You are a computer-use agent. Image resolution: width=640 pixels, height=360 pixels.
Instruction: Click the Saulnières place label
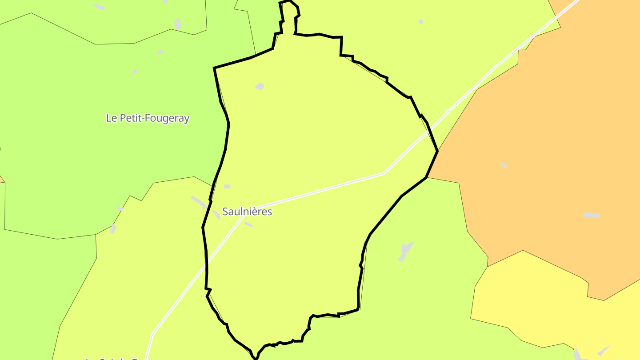click(x=247, y=212)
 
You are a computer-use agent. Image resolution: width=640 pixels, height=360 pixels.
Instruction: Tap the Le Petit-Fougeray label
click(x=148, y=118)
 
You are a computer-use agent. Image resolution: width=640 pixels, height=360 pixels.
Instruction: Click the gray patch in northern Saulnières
click(x=260, y=86)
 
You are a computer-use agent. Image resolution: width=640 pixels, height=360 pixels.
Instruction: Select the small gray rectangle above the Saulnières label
click(x=227, y=186)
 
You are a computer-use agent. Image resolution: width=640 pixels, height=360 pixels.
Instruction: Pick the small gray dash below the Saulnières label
click(x=248, y=224)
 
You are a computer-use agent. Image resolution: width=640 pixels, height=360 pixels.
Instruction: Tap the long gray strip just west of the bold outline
click(x=199, y=202)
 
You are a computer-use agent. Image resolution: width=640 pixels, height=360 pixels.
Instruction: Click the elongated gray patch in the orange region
click(x=591, y=215)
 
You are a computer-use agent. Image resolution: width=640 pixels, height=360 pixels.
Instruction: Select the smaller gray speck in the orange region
click(x=504, y=165)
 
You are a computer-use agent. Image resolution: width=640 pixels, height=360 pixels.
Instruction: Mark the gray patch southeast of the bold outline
click(x=405, y=251)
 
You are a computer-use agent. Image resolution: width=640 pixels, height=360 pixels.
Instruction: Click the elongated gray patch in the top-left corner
click(x=100, y=7)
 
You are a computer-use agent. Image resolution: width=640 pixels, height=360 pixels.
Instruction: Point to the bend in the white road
click(x=384, y=173)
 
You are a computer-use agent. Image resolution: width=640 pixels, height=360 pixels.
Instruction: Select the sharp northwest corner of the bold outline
click(x=214, y=68)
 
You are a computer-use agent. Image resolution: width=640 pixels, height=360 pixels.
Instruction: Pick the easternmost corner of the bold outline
click(x=438, y=151)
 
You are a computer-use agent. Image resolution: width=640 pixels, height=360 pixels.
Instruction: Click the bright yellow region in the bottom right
click(x=556, y=307)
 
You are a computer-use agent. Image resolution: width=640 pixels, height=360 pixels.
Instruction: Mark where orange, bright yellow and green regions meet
click(x=488, y=267)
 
